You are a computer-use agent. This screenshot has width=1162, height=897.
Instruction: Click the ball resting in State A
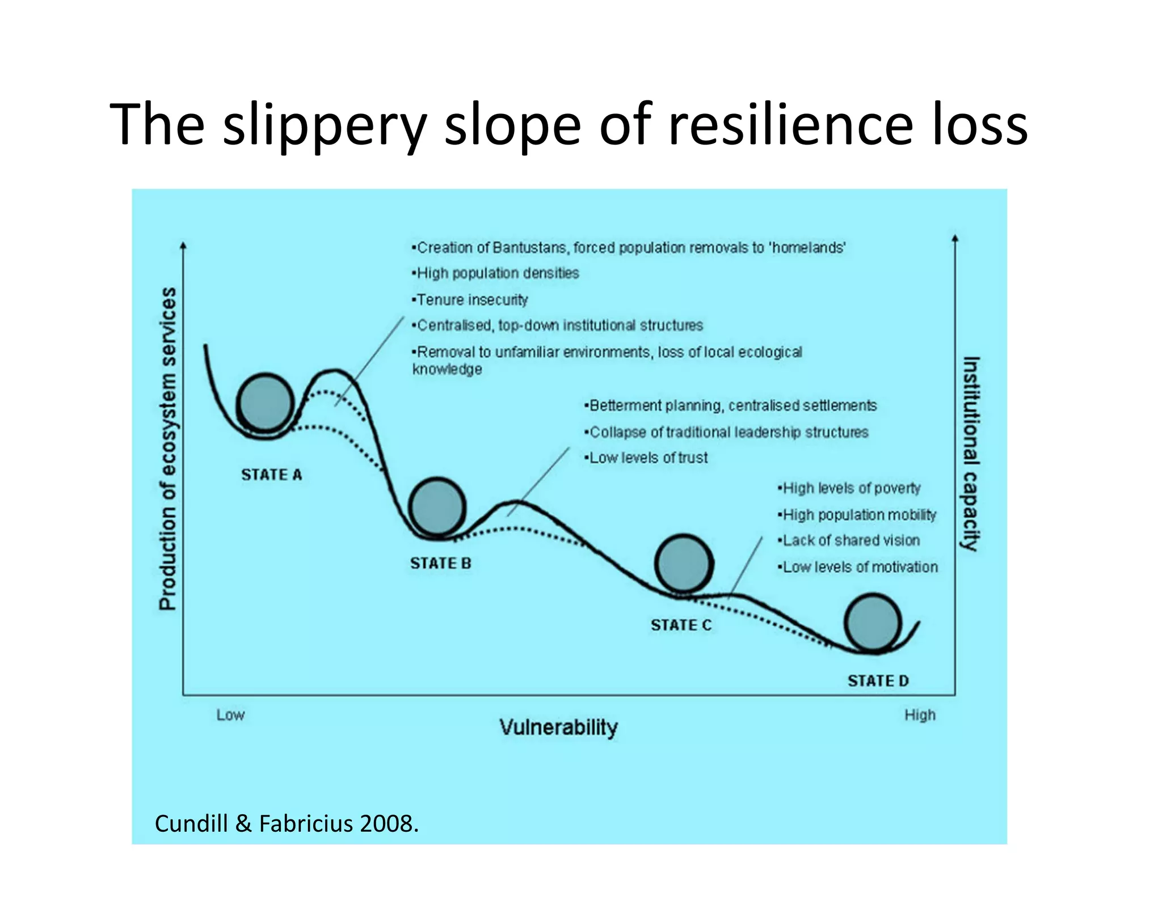265,402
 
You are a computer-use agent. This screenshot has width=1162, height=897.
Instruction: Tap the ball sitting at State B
437,506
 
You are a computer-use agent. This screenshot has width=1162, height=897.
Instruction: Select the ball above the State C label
684,563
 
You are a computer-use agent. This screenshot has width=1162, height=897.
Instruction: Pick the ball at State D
873,622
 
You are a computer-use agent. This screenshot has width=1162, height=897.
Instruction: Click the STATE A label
271,475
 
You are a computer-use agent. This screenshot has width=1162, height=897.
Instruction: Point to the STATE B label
441,563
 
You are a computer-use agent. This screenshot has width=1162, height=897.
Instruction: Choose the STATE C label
681,625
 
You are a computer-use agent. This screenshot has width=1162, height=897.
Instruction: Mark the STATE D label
878,680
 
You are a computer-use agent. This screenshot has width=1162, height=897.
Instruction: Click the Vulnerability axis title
558,727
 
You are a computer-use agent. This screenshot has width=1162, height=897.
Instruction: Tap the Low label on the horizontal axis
230,715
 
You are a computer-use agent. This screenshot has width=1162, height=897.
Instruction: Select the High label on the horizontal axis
920,715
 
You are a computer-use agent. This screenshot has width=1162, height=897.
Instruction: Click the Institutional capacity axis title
971,453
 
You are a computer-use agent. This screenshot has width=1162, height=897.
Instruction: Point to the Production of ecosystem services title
168,448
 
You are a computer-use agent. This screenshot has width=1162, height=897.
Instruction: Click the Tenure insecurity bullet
471,299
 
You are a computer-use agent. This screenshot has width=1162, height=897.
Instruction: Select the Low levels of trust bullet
647,458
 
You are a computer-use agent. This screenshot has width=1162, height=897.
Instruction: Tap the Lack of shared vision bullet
849,540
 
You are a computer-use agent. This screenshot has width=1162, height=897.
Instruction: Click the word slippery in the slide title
324,125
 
